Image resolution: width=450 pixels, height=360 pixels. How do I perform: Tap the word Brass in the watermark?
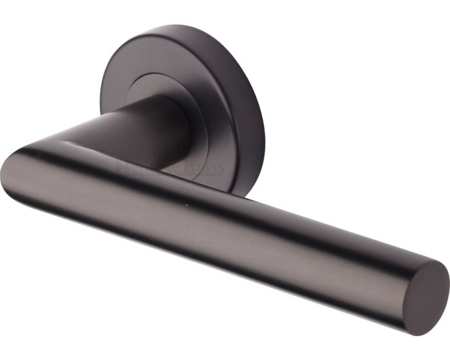(x=205, y=168)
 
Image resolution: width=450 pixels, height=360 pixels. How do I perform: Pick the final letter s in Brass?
(x=221, y=169)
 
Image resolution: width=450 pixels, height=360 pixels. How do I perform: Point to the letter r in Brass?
(x=200, y=169)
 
